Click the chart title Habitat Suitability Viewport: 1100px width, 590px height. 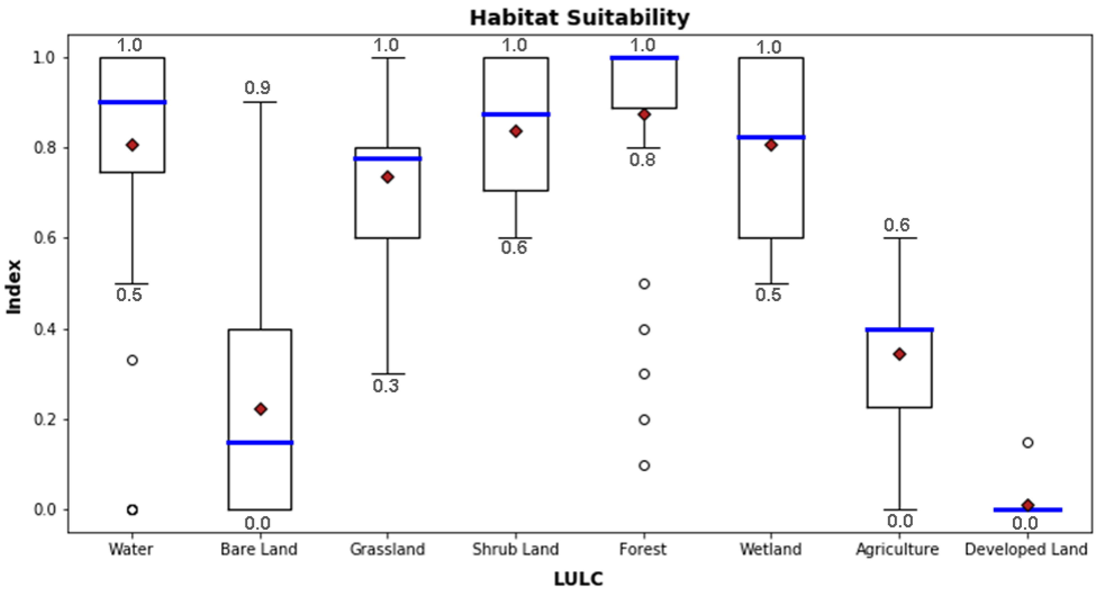point(579,18)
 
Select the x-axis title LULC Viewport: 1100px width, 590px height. point(578,579)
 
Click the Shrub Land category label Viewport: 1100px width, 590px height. point(516,549)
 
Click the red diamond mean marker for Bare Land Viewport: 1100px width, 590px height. point(260,409)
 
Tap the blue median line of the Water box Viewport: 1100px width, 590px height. point(132,102)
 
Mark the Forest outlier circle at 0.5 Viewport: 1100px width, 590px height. point(644,284)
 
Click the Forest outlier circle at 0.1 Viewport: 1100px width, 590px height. point(644,465)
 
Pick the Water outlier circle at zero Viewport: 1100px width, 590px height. point(132,510)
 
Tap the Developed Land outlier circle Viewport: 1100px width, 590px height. point(1027,442)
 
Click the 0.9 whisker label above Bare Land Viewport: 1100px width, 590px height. point(258,88)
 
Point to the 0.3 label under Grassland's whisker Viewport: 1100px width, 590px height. point(386,386)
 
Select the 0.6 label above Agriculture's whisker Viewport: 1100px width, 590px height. point(897,225)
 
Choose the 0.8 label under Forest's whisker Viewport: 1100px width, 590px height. point(642,160)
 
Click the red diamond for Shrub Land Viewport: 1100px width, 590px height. point(516,131)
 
